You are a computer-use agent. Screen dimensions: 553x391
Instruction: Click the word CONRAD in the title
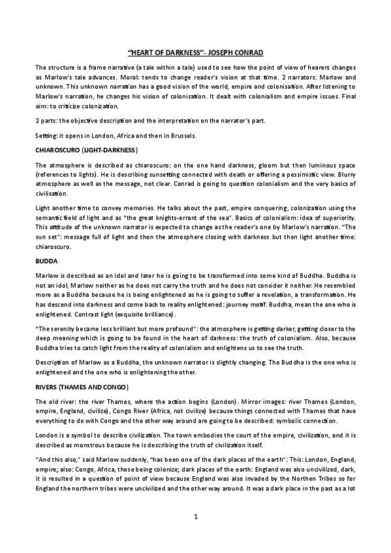pos(243,52)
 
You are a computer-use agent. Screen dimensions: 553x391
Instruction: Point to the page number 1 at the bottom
pos(195,516)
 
